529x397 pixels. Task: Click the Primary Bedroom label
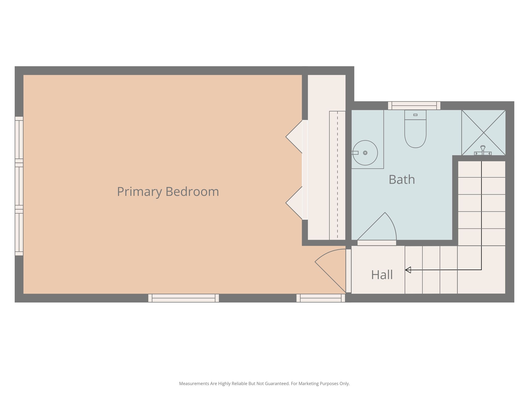tap(168, 192)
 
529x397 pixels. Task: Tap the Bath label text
tap(402, 179)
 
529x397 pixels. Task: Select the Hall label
tap(382, 275)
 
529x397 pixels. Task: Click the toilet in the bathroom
tap(415, 129)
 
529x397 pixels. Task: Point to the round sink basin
tap(365, 153)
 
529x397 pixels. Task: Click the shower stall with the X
tap(484, 133)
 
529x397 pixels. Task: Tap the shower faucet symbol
tap(483, 151)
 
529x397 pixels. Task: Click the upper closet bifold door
tap(294, 137)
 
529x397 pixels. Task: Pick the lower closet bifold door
tap(294, 203)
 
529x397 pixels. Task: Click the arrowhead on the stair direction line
tap(408, 270)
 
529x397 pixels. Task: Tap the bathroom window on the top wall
tap(414, 106)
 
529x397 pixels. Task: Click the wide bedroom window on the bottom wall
tap(183, 298)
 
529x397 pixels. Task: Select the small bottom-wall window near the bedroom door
tap(321, 298)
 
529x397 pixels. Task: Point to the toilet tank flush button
tap(415, 115)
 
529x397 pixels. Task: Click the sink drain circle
tap(365, 153)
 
